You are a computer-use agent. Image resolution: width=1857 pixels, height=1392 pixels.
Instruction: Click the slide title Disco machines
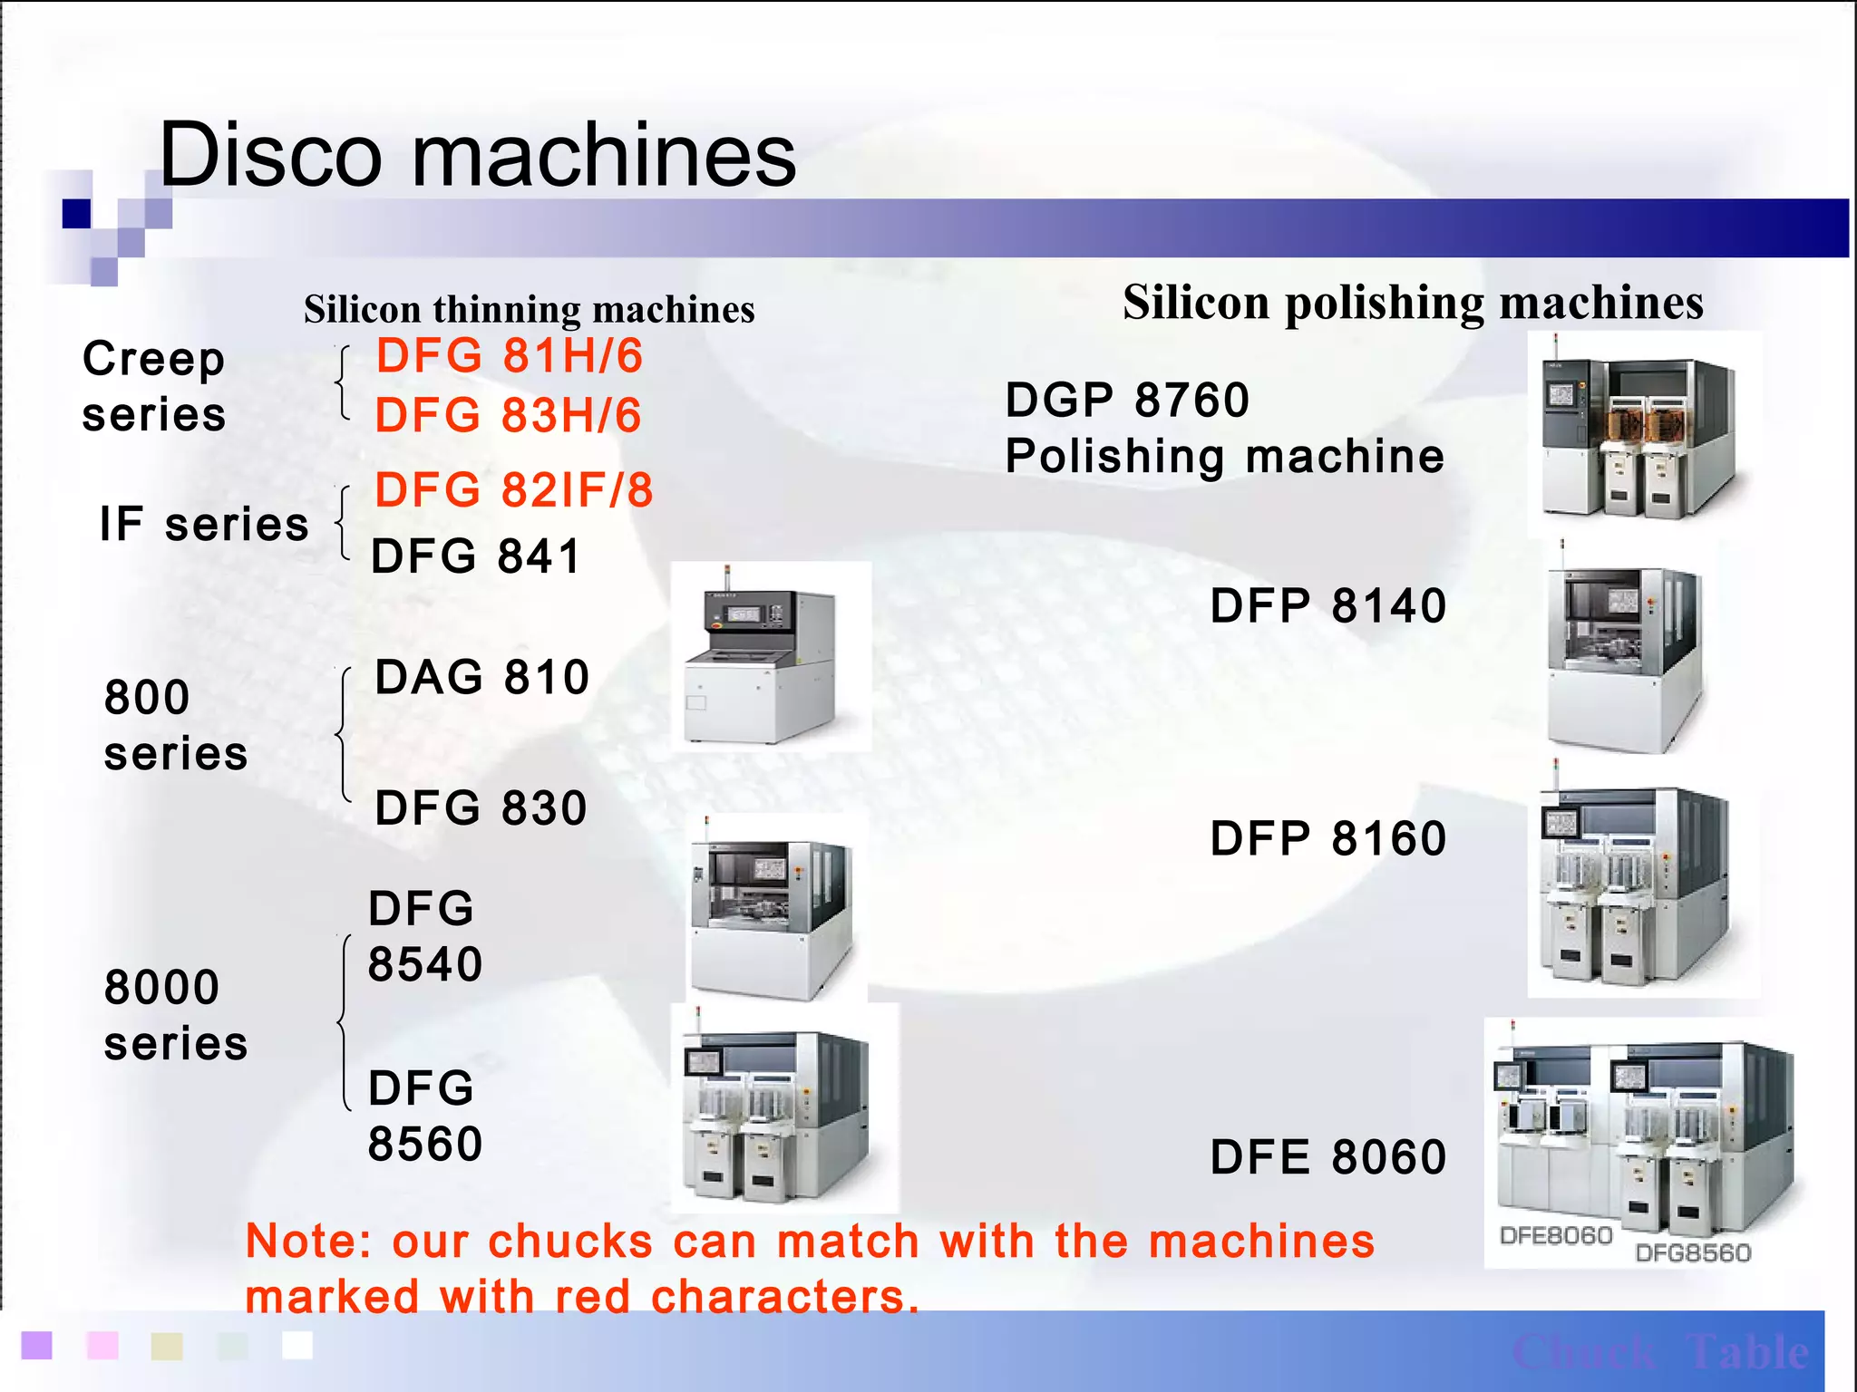coord(478,155)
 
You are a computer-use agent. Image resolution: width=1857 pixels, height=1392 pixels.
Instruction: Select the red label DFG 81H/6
coord(509,355)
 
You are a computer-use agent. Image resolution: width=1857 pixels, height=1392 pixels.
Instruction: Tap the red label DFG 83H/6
coord(508,416)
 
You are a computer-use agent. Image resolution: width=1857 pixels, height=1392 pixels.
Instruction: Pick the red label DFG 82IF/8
coord(513,490)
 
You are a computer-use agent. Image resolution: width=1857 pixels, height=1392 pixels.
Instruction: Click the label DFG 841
coord(475,556)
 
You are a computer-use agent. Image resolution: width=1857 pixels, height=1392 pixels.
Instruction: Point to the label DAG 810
coord(481,677)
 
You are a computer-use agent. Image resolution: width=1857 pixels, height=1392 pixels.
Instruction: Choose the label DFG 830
coord(481,807)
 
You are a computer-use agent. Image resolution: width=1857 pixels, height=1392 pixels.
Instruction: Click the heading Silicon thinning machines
coord(529,310)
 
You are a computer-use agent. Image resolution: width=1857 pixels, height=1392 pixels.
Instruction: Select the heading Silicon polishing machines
coord(1413,303)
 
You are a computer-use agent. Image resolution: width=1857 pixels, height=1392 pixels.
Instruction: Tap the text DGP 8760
coord(1127,400)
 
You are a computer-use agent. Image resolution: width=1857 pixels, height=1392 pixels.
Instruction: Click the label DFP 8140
coord(1327,605)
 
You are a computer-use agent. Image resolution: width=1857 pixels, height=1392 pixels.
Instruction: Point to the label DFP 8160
coord(1327,838)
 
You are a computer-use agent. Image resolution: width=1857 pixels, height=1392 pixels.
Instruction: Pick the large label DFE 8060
coord(1327,1157)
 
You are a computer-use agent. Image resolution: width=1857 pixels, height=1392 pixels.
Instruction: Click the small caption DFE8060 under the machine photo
coord(1556,1236)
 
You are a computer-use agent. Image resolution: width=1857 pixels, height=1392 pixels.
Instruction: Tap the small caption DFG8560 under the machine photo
coord(1693,1253)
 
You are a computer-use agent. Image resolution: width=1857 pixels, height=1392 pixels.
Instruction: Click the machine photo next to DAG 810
coord(771,656)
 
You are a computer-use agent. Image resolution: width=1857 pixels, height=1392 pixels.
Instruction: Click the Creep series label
coord(153,387)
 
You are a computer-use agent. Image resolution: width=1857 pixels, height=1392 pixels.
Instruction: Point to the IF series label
coord(204,525)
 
